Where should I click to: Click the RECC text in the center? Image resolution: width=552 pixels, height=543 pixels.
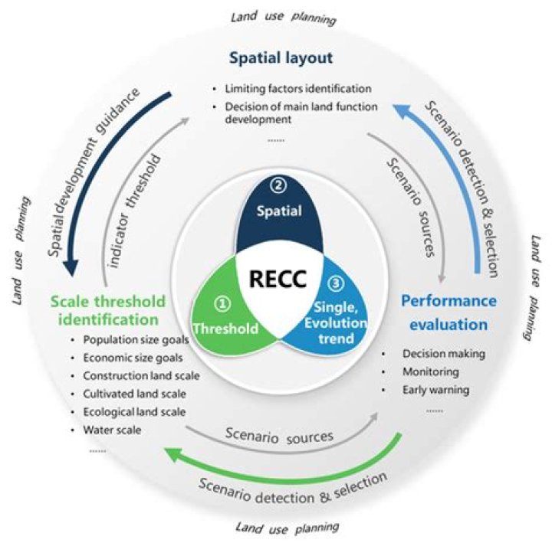pos(278,279)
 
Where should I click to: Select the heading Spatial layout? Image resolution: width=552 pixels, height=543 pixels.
pos(281,58)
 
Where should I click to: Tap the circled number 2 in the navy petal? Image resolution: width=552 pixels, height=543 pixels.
pos(278,185)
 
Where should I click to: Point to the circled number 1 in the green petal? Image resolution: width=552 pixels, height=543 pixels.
pos(222,303)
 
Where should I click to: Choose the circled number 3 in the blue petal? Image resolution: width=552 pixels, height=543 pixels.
pos(337,283)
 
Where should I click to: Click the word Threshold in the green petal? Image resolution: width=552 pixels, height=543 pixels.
pos(225,329)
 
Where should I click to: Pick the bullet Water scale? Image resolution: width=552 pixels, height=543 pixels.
pos(112,430)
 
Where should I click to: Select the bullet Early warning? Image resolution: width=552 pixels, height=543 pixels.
pos(435,390)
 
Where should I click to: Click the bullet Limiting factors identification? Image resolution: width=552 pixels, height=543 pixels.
pos(298,89)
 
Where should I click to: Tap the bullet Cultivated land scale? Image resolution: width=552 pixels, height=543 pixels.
pos(134,394)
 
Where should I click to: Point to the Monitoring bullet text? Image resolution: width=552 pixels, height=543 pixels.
pos(431,371)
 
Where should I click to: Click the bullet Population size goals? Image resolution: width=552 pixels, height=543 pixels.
pos(136,340)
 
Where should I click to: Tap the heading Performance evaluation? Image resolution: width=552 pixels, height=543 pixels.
pos(449,312)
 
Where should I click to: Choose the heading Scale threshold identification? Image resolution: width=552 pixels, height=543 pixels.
pos(108,310)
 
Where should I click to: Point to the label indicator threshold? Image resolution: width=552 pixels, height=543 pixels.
pos(134,211)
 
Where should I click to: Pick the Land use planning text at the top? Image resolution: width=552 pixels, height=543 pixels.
pos(284,18)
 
